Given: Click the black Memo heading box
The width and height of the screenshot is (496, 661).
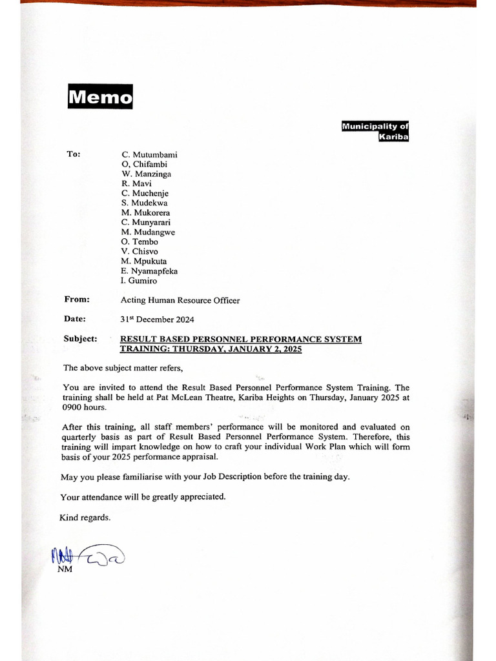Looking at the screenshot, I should (100, 97).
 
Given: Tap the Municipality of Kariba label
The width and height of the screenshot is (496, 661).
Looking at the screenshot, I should (375, 132).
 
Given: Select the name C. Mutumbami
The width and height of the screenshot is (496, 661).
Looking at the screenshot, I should (149, 155).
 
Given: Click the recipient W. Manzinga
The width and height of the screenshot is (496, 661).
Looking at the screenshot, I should (146, 174).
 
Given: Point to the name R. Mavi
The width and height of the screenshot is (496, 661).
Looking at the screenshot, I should (136, 184).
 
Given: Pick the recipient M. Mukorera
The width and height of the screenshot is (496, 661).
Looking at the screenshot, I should (145, 213).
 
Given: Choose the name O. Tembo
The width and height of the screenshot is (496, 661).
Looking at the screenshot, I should (139, 242).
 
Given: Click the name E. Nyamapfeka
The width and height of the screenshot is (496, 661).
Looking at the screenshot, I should (149, 271).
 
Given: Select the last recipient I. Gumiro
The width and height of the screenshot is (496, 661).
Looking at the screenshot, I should (139, 281).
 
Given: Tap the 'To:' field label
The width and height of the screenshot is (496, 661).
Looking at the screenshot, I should (74, 154).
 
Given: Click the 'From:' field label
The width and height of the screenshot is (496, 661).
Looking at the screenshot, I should (77, 300).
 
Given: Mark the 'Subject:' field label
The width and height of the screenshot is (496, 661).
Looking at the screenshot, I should (81, 339).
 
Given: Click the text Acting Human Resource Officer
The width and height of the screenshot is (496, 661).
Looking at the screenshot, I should (180, 300).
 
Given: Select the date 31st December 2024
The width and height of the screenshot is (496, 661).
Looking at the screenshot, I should (157, 320).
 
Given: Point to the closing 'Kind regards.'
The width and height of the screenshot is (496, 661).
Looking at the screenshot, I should (85, 518).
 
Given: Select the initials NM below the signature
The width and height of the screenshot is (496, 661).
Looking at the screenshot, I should (65, 569).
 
